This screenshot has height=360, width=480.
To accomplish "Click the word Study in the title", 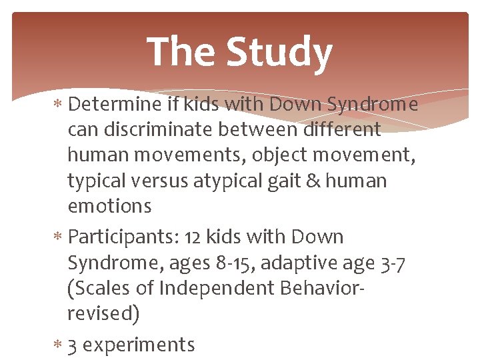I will tap(279, 53).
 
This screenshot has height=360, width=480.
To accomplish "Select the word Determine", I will tap(115, 105).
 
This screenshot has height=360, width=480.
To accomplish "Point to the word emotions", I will tap(109, 206).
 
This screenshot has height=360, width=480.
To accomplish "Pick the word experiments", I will tap(139, 345).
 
